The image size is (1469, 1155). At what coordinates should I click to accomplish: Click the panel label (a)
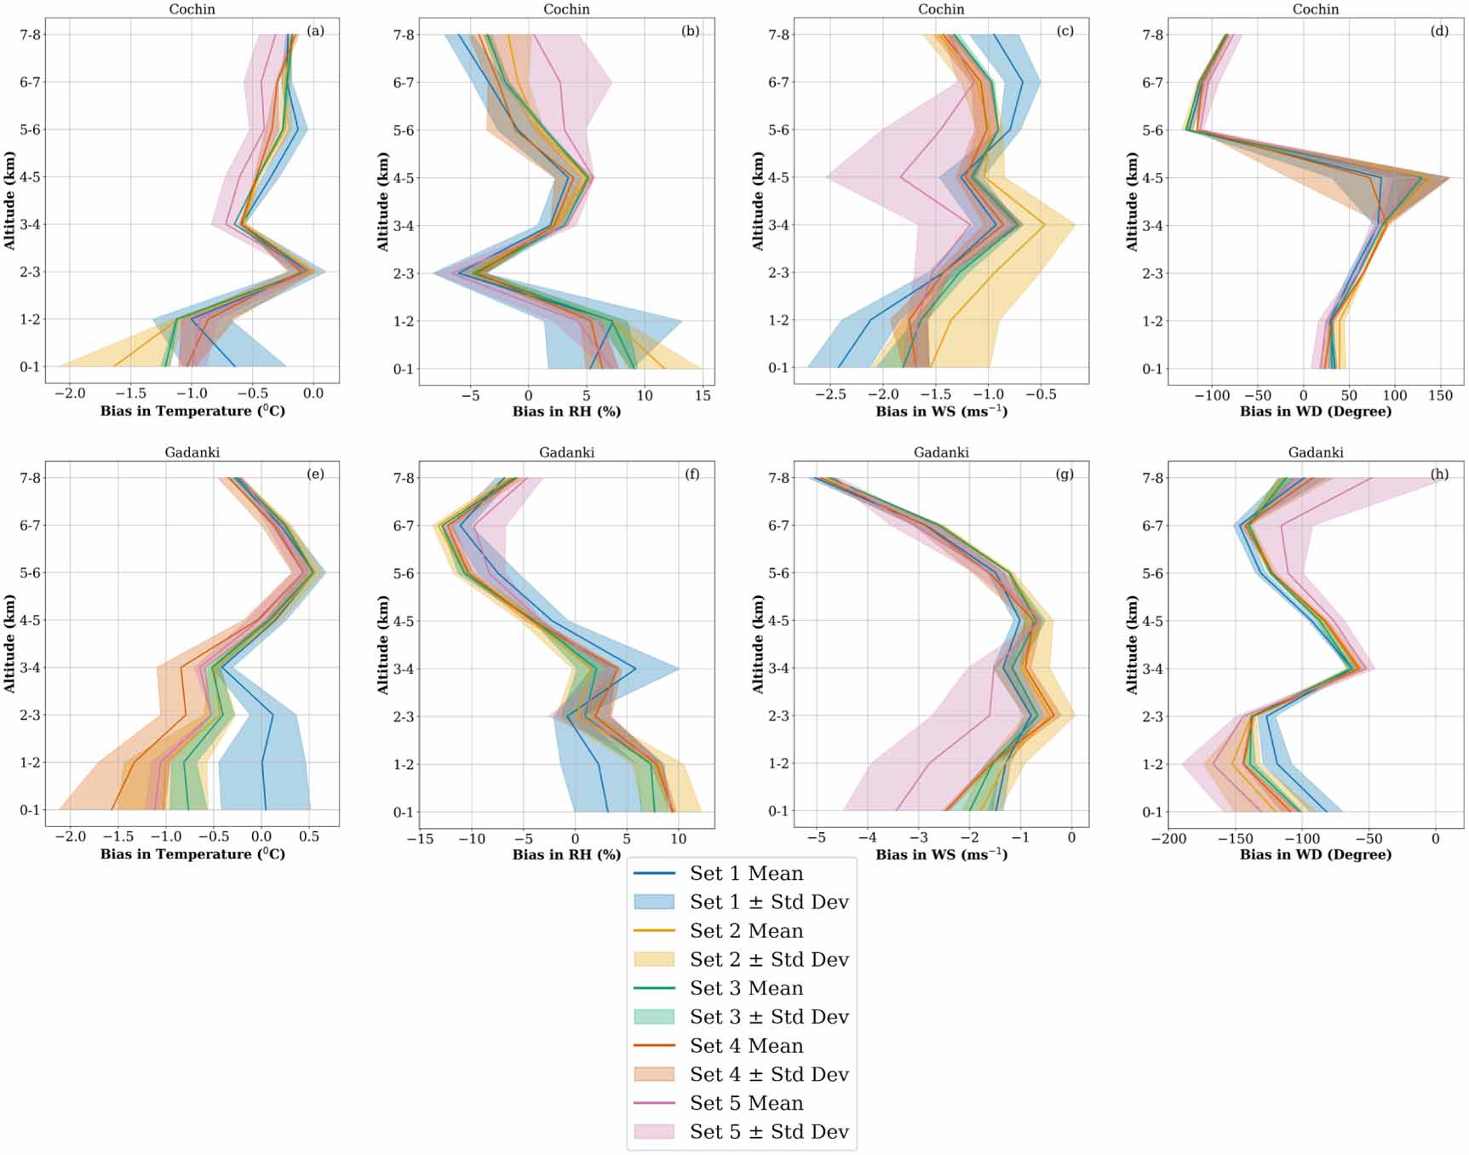tap(315, 31)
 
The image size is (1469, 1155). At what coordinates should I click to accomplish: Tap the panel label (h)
tap(1439, 474)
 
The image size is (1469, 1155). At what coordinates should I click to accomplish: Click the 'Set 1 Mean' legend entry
tap(746, 873)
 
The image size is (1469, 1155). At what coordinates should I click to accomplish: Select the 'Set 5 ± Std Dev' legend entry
tap(768, 1131)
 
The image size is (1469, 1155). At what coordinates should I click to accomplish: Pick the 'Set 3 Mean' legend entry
tap(746, 988)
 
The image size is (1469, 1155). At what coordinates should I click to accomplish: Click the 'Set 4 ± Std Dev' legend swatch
tap(654, 1074)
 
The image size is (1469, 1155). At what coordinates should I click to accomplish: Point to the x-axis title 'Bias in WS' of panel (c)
tap(941, 411)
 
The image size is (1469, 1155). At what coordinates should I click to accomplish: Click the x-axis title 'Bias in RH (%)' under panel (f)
tap(566, 854)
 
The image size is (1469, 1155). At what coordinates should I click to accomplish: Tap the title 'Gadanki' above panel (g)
tap(941, 452)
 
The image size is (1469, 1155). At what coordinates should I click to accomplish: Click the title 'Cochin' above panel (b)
tap(566, 9)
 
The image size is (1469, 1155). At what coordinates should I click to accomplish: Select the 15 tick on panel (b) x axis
tap(703, 395)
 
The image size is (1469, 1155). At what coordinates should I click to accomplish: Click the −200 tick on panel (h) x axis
tap(1168, 838)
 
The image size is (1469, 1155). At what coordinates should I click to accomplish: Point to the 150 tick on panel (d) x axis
tap(1440, 395)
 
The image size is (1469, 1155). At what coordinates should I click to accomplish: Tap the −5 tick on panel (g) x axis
tap(816, 837)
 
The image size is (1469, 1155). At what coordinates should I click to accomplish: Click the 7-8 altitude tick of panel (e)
tap(30, 478)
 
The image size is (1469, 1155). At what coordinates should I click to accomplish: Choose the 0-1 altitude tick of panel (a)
tap(30, 367)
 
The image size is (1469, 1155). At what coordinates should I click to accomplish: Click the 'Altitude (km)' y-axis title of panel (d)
tap(1132, 202)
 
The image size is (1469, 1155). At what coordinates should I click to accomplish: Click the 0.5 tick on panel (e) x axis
tap(310, 836)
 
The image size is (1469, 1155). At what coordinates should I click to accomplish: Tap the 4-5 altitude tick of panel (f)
tap(404, 621)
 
